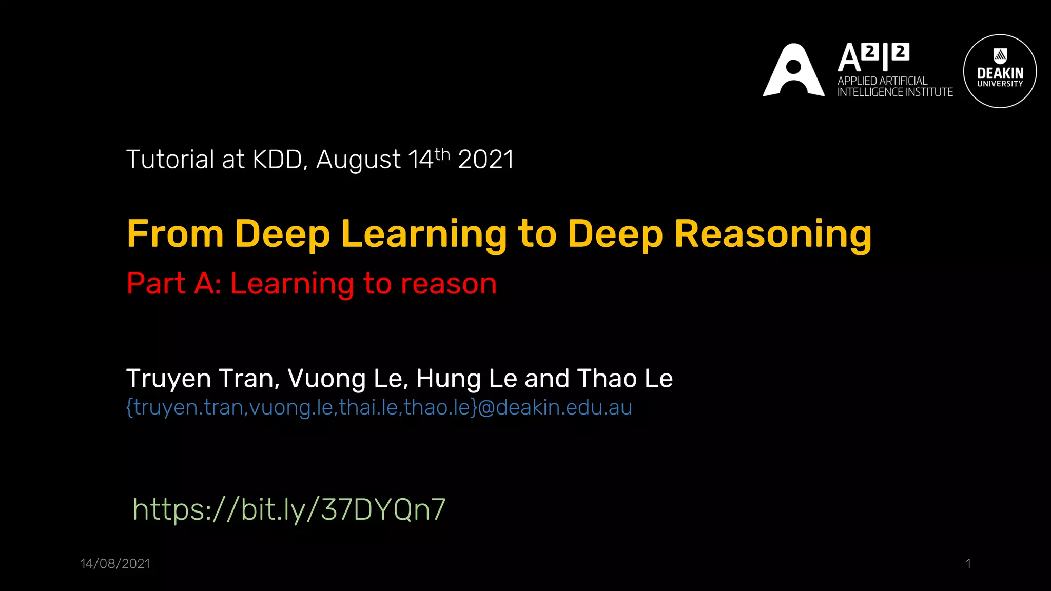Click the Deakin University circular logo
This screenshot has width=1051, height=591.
coord(1000,71)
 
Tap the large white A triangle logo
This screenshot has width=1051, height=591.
coord(793,71)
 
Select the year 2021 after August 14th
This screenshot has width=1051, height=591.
coord(485,160)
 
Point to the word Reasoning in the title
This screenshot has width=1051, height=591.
coord(772,234)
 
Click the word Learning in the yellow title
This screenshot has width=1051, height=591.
coord(424,234)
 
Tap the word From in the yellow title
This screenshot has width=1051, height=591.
coord(175,234)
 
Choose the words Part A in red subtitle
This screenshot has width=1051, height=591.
coord(173,283)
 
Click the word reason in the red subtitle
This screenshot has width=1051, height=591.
coord(449,284)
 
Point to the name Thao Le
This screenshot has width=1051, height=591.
coord(625,379)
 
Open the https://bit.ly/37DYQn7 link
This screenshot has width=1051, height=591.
coord(289,509)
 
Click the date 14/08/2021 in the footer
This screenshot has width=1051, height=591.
coord(115,564)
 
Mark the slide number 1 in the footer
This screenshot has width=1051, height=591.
coord(968,564)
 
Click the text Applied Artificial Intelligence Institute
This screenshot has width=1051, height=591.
coord(894,87)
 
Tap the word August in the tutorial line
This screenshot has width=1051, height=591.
coord(358,160)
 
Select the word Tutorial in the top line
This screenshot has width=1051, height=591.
coord(170,160)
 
